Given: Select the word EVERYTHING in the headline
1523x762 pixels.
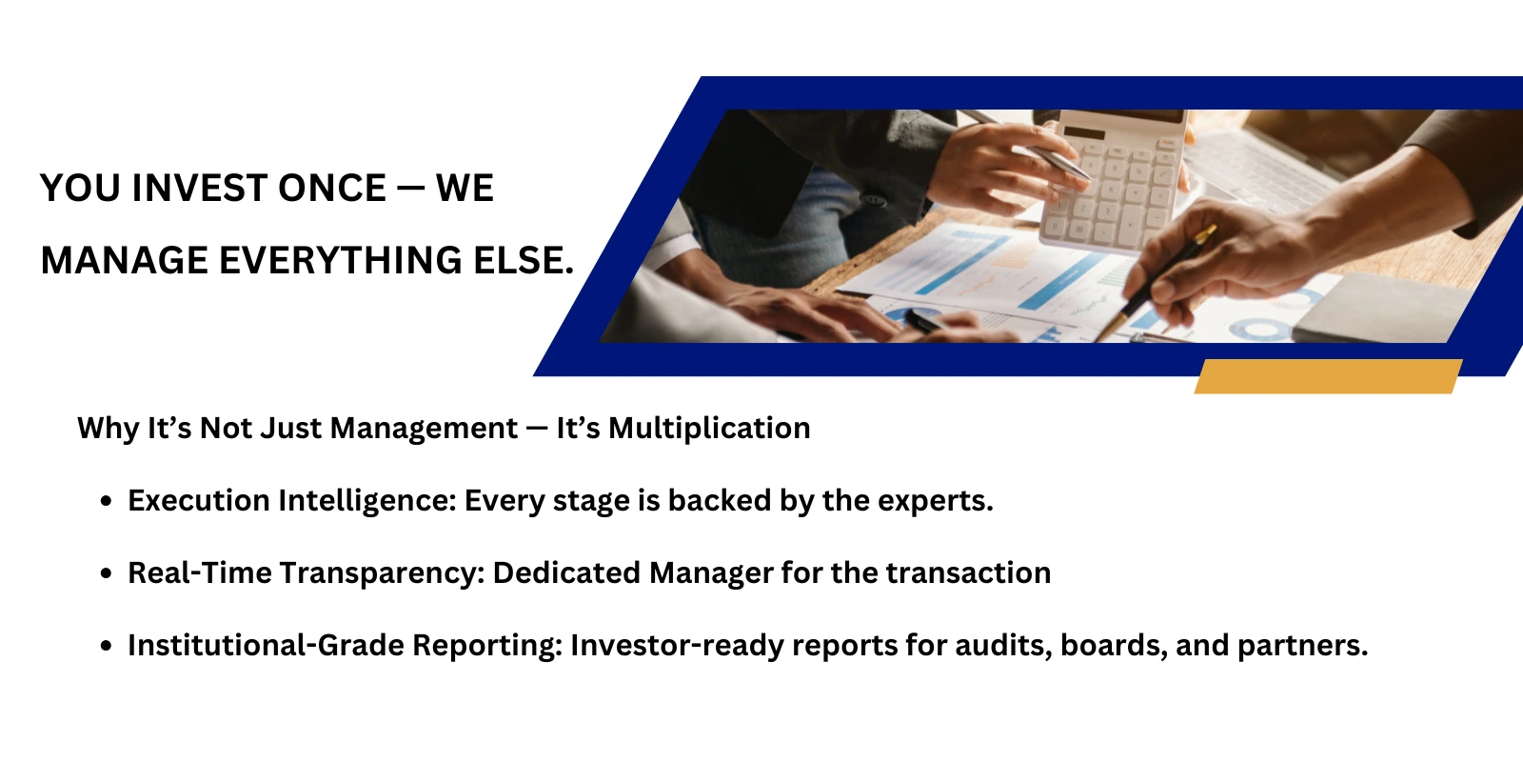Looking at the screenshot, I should coord(341,261).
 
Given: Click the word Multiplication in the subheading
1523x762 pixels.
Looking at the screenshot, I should coord(709,429).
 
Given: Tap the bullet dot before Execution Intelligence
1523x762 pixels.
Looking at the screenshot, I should coord(107,501).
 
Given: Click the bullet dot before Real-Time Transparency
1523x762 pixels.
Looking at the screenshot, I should coord(107,573).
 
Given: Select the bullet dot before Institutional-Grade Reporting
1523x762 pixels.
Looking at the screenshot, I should coord(107,646).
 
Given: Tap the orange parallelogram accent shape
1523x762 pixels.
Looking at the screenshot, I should coord(1328,376).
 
